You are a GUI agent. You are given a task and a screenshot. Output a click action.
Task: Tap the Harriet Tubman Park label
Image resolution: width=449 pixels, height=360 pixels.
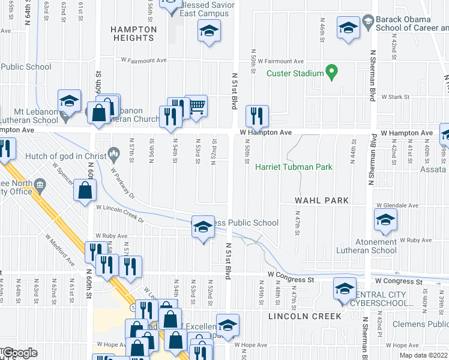pos(294,167)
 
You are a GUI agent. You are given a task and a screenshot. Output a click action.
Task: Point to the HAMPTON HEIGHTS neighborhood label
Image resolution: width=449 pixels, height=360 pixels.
pos(134,34)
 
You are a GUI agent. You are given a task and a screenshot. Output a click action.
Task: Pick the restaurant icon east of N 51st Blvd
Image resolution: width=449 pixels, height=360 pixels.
pos(257,116)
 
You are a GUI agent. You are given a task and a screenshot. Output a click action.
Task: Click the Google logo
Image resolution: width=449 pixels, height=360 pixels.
pos(20,353)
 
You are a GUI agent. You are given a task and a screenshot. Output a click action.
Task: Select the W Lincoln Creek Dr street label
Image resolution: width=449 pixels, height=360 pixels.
pos(121,212)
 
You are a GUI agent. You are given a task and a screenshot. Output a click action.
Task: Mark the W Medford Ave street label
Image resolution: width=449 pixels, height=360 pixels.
pos(58,249)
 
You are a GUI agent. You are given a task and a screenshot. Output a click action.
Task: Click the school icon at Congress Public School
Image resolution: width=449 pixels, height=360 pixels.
pos(203,227)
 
